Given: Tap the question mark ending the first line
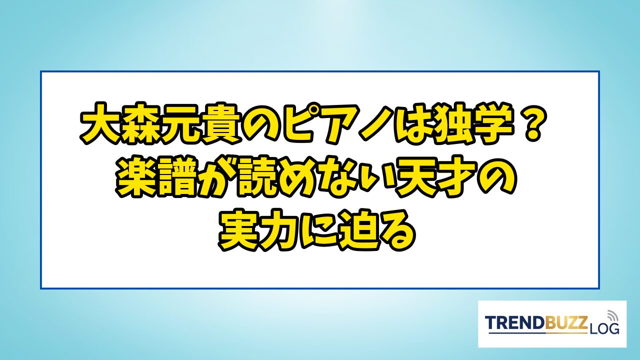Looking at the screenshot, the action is click(x=531, y=125).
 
